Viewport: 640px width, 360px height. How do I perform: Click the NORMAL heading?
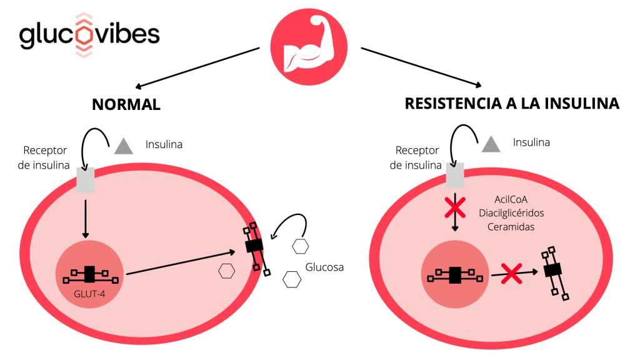(x=126, y=104)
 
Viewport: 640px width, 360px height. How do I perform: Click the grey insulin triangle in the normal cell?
(x=124, y=146)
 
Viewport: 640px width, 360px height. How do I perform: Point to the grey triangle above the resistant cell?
(x=491, y=144)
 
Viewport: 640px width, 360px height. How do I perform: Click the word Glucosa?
(x=324, y=267)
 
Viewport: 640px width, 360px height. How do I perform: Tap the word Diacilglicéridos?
(x=511, y=212)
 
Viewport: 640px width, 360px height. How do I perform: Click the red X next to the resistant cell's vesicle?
(x=512, y=273)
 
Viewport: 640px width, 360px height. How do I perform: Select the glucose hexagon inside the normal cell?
(x=226, y=271)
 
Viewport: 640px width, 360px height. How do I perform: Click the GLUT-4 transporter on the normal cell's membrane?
(x=254, y=246)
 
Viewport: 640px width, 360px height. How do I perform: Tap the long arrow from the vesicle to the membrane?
(x=181, y=262)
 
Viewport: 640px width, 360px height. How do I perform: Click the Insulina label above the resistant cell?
(x=531, y=142)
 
